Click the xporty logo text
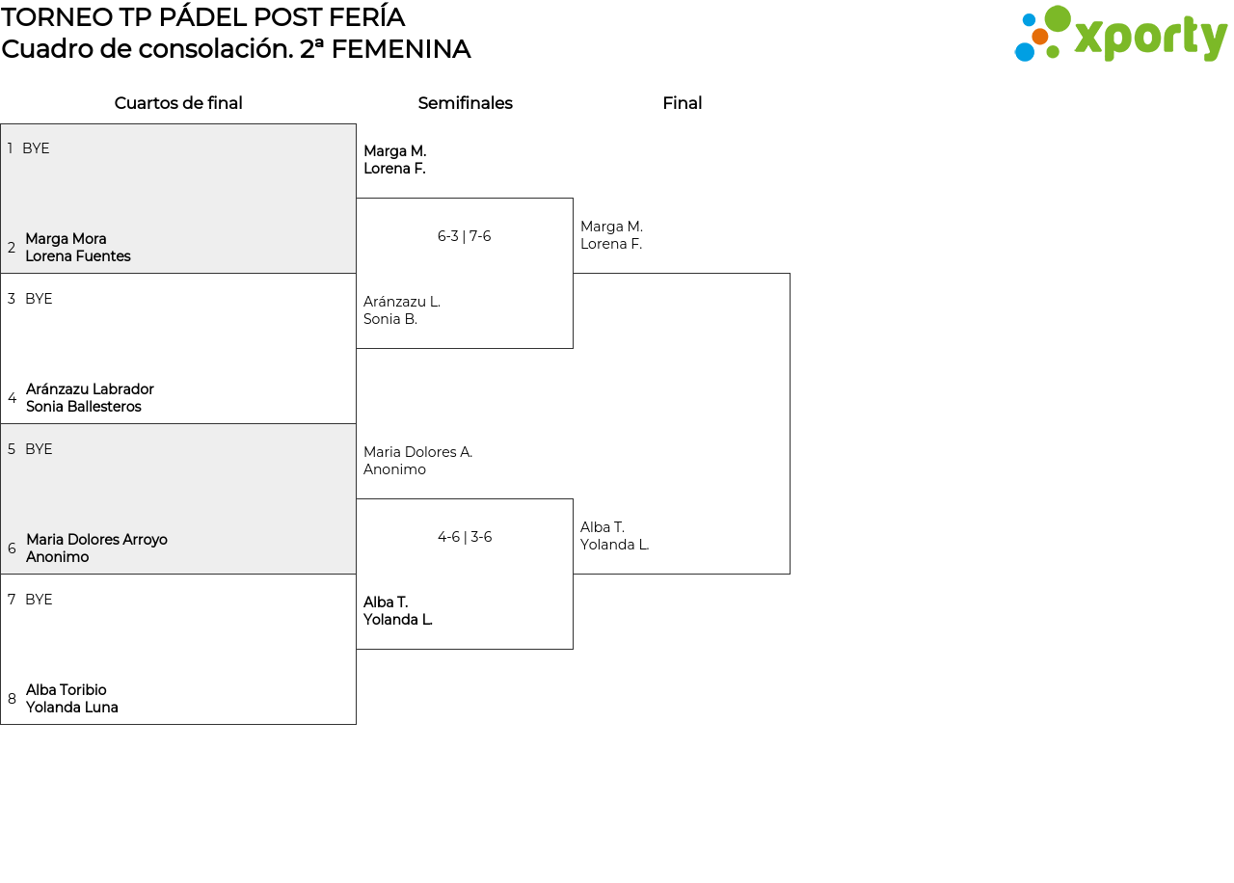[x=1151, y=38]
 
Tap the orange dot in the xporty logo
[x=1040, y=37]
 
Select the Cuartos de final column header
[x=178, y=103]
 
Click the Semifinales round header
[x=465, y=103]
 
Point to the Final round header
[x=682, y=103]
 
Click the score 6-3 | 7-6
[x=464, y=236]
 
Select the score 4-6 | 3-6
[x=465, y=537]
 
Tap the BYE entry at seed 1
[x=36, y=148]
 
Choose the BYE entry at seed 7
[x=39, y=600]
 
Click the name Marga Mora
[x=67, y=239]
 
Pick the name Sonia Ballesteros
[x=84, y=407]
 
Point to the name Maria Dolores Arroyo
[x=97, y=540]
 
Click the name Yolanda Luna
[x=72, y=708]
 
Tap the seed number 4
[x=13, y=398]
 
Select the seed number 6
[x=12, y=549]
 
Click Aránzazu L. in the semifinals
[x=402, y=302]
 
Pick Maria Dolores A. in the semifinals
[x=418, y=452]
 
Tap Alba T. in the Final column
[x=603, y=527]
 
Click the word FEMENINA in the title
[x=401, y=49]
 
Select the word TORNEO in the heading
[x=57, y=17]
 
